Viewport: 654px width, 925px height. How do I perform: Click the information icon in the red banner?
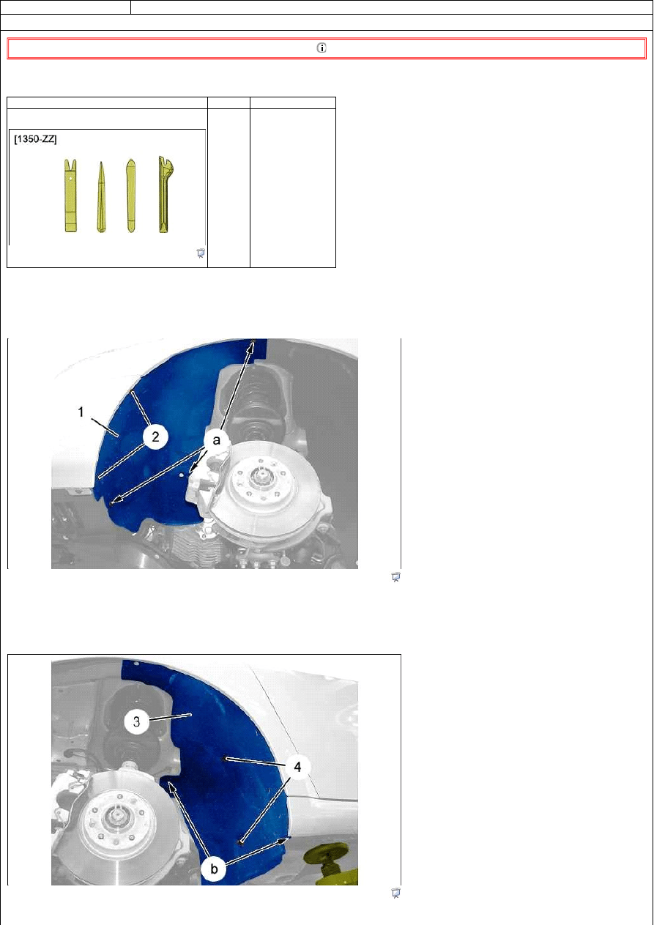click(x=322, y=48)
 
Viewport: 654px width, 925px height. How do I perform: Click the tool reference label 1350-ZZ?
click(x=35, y=139)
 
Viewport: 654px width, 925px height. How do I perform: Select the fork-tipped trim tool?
click(x=70, y=196)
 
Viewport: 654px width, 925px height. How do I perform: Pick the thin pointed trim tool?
click(x=101, y=198)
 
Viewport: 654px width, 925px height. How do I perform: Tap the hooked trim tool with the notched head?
click(x=166, y=194)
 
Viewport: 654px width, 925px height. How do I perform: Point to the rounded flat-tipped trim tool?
click(x=131, y=196)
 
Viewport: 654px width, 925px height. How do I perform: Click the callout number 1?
click(x=81, y=412)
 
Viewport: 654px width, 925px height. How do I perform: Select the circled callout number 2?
click(x=155, y=437)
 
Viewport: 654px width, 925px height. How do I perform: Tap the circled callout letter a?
click(x=216, y=441)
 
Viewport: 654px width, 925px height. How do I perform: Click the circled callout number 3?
click(x=137, y=721)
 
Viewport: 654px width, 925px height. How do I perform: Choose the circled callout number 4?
click(x=297, y=767)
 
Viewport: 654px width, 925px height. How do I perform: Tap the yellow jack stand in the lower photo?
click(x=331, y=864)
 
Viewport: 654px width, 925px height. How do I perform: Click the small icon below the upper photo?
click(x=395, y=577)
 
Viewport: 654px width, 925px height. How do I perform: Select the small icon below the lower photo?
click(x=395, y=893)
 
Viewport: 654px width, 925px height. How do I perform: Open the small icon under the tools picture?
click(x=200, y=253)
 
